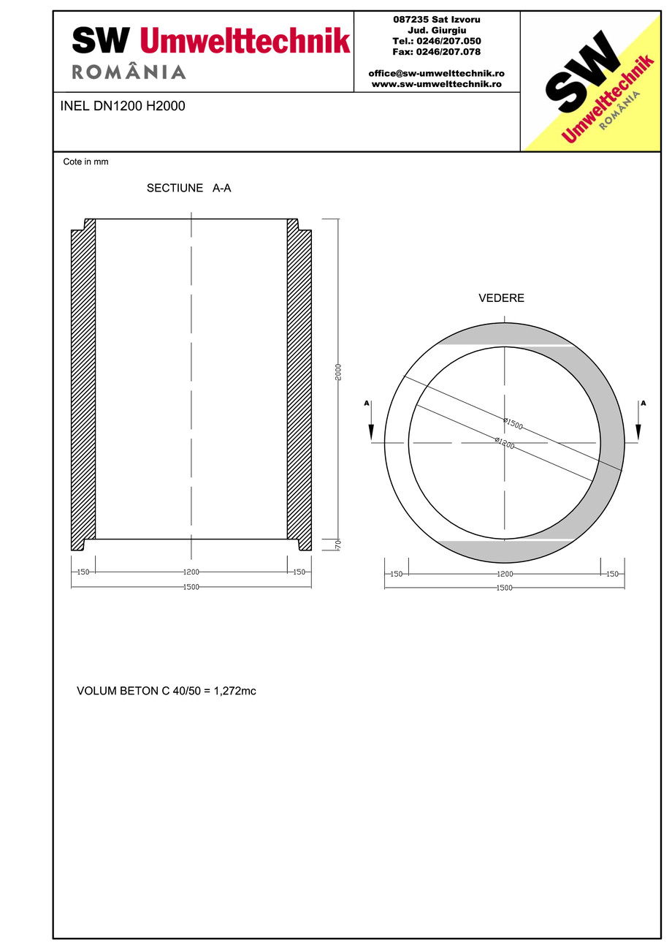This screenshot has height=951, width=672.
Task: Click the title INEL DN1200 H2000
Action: click(123, 106)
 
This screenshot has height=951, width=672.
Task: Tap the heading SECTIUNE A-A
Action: click(188, 188)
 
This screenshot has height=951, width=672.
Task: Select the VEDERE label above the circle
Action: click(501, 298)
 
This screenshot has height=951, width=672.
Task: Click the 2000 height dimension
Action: click(338, 372)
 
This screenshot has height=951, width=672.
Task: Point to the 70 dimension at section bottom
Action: click(338, 545)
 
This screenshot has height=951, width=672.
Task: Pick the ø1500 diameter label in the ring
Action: click(513, 423)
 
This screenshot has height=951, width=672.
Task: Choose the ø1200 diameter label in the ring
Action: click(505, 442)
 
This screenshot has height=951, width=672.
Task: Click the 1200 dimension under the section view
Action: click(191, 572)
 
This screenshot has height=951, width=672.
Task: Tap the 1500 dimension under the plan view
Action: click(504, 588)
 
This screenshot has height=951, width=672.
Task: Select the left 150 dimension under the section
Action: click(83, 572)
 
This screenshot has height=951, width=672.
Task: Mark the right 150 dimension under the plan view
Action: click(612, 574)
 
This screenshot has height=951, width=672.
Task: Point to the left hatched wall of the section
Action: click(83, 384)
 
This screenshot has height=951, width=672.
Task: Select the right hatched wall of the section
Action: click(299, 384)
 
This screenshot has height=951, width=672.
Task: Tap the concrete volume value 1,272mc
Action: click(234, 690)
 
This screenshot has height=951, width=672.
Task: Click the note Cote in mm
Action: click(85, 162)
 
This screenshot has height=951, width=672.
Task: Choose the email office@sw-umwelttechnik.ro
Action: click(436, 73)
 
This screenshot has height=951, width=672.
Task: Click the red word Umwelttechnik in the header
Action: click(245, 40)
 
